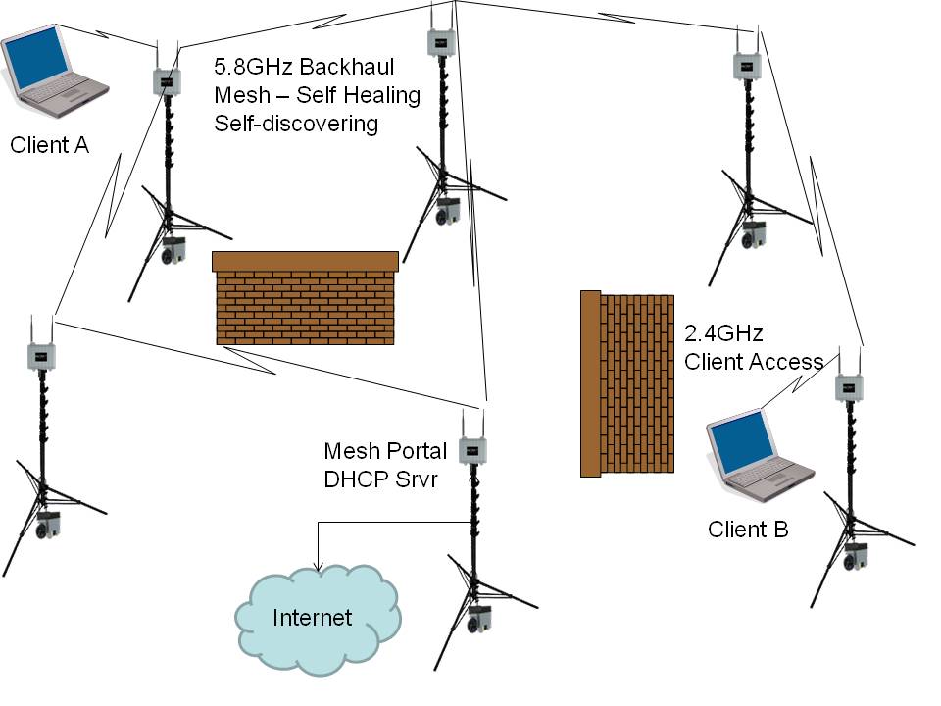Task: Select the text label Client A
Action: click(49, 146)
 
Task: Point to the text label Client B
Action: click(748, 529)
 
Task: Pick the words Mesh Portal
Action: click(385, 451)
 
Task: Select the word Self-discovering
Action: click(295, 124)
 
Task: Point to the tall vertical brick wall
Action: click(627, 383)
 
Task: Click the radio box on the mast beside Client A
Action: click(167, 80)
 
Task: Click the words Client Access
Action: click(754, 362)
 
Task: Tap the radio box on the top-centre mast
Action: click(441, 42)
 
